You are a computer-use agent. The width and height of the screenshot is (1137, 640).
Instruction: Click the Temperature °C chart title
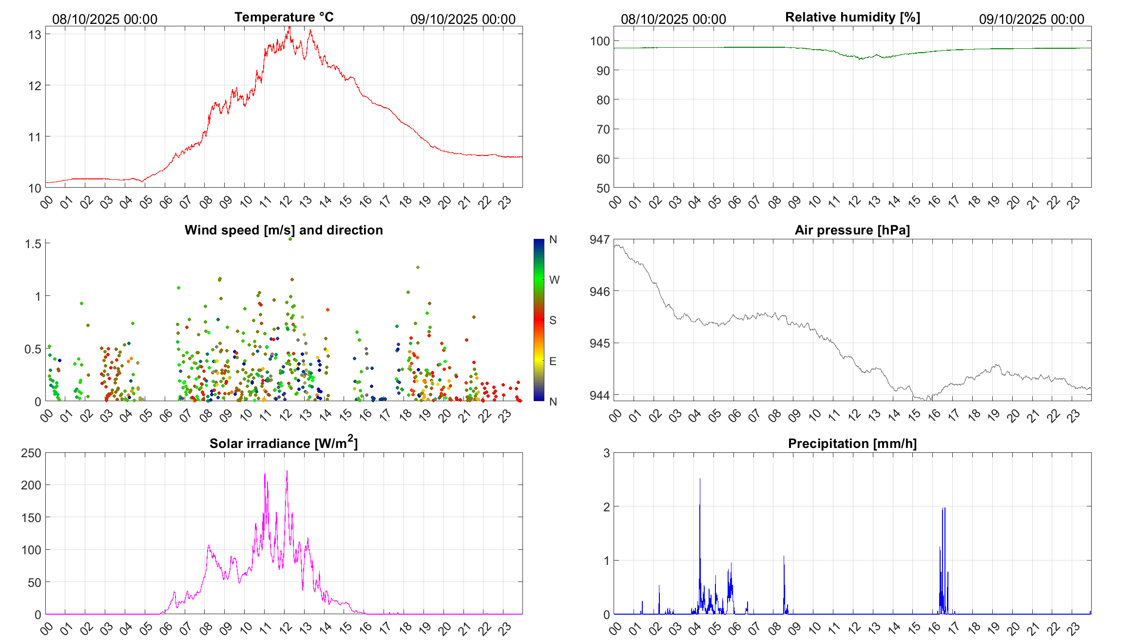click(x=284, y=17)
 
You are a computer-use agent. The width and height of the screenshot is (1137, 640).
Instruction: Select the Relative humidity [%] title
click(x=852, y=17)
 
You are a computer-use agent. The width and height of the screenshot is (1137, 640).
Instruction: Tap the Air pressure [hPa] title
click(x=852, y=230)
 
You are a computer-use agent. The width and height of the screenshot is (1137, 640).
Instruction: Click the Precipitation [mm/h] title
click(x=852, y=444)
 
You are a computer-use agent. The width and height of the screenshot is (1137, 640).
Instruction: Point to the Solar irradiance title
click(x=283, y=443)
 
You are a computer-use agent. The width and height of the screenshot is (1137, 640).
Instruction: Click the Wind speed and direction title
click(x=284, y=230)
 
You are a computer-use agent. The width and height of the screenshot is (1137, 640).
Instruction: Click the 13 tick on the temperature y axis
click(x=35, y=35)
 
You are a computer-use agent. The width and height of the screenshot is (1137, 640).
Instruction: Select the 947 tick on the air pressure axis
click(x=599, y=239)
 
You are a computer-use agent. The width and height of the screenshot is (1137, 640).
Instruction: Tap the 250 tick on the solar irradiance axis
click(x=31, y=453)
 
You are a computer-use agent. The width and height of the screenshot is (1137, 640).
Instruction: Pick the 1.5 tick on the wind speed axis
click(x=33, y=244)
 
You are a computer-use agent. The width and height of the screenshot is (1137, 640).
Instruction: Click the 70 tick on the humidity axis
click(x=603, y=129)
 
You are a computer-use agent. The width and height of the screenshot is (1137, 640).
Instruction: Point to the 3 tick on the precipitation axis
click(x=606, y=453)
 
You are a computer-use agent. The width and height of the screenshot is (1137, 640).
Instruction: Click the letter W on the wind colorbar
click(x=554, y=280)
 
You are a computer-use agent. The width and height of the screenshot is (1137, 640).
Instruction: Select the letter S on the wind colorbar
click(x=553, y=320)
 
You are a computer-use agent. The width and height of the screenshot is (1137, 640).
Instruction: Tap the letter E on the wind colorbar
click(x=553, y=361)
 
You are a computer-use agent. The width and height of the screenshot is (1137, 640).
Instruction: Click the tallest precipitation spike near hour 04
click(x=700, y=480)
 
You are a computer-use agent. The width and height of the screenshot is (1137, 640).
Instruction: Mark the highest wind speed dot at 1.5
click(x=290, y=239)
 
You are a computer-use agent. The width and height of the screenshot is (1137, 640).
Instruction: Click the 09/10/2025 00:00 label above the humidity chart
click(x=1031, y=19)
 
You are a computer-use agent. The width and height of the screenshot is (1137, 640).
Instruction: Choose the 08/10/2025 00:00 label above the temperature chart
click(x=105, y=19)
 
